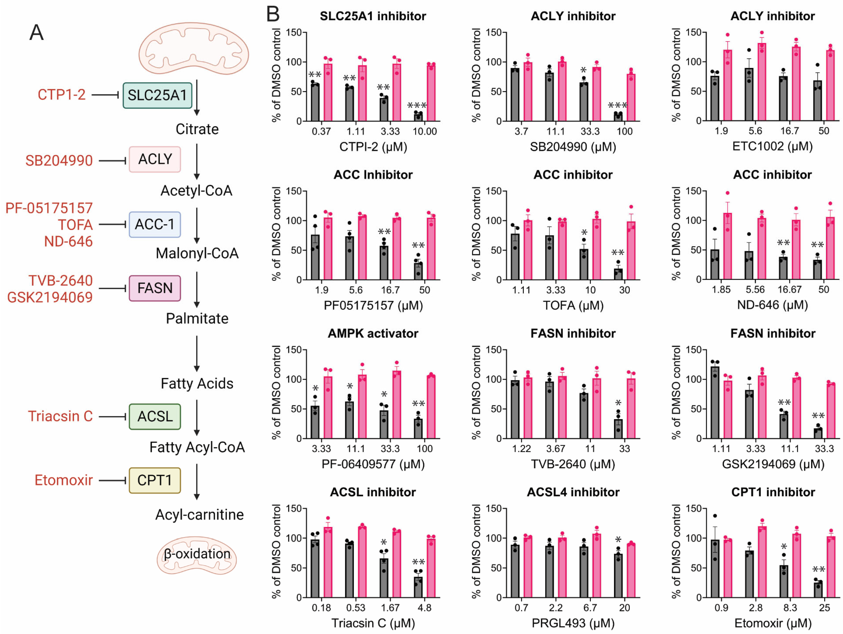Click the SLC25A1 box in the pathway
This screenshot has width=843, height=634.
click(157, 95)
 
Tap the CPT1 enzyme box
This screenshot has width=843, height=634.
click(155, 480)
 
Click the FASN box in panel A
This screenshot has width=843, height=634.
click(155, 288)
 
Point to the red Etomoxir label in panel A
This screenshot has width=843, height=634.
click(64, 480)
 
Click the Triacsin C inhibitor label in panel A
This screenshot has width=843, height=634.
click(60, 416)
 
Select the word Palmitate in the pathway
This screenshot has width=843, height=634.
click(197, 318)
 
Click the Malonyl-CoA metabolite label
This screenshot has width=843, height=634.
click(197, 253)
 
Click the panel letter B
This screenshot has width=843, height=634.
click(273, 14)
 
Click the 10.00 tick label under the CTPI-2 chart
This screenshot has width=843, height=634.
click(425, 132)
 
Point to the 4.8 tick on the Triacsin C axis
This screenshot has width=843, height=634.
click(425, 608)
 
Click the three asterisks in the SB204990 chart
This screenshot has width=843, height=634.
click(617, 105)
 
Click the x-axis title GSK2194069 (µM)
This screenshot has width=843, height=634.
click(773, 464)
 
